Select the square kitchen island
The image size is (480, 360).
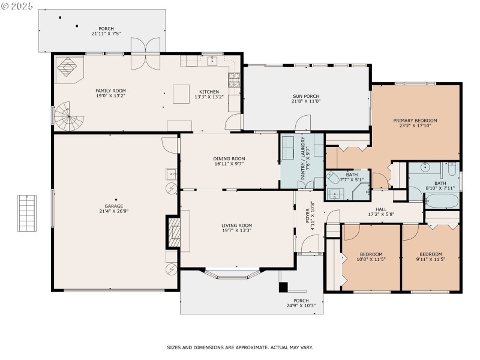coord(182,94)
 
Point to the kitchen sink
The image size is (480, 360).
coord(212,61)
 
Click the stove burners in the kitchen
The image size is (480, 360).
coord(236,76)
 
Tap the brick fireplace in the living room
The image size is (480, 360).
coord(173,232)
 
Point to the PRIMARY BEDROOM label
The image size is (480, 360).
coord(415,124)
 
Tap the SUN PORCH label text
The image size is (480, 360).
coord(305,99)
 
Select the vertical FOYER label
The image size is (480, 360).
coord(310,215)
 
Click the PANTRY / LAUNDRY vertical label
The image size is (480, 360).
coord(305,158)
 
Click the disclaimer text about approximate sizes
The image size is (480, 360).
coord(239,347)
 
